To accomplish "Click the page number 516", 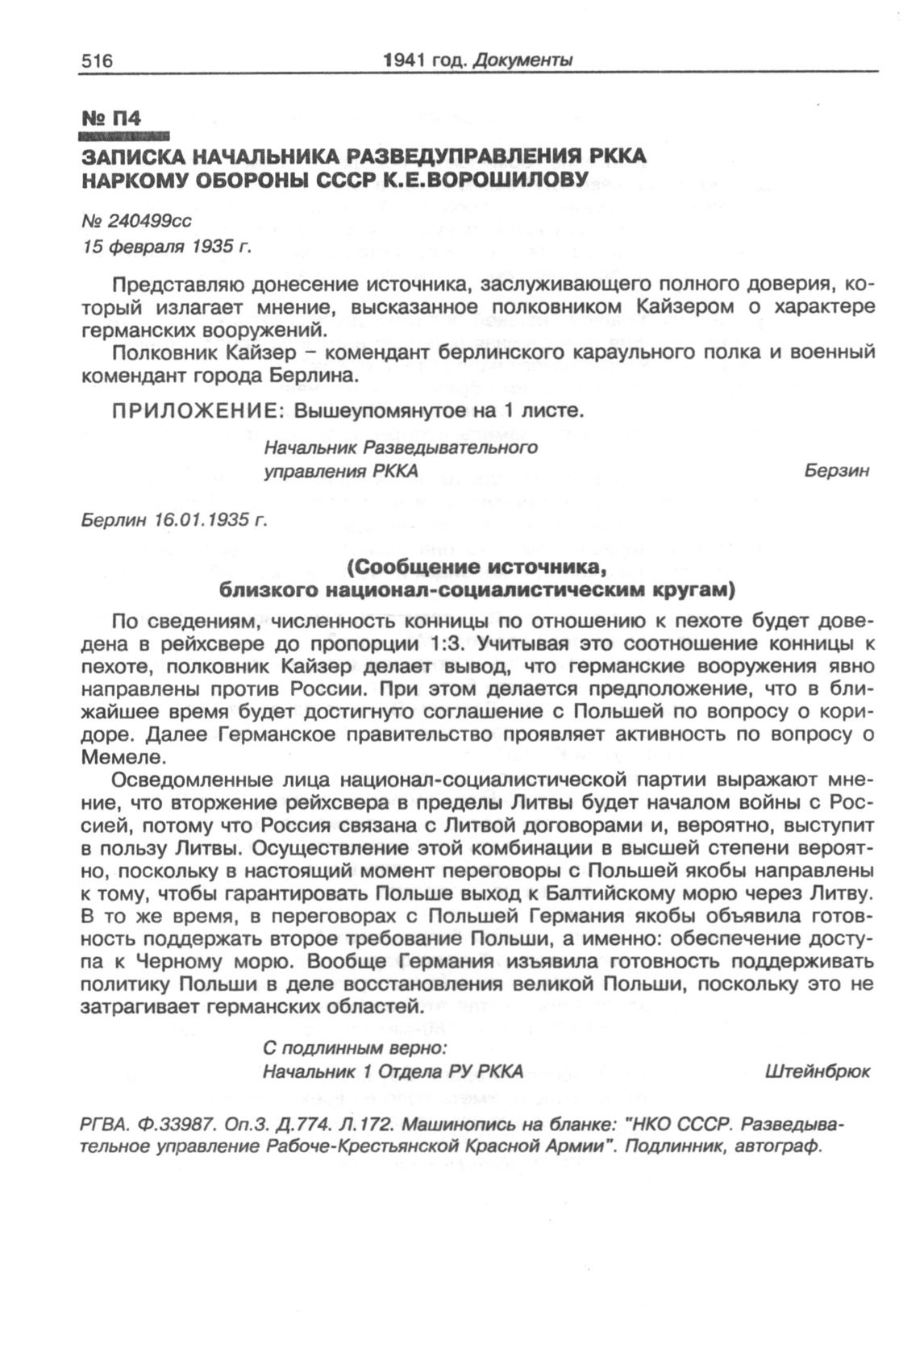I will (95, 60).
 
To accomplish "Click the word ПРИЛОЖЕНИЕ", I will (198, 411).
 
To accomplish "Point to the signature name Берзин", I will (836, 472).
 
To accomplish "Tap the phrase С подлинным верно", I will (356, 1049).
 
